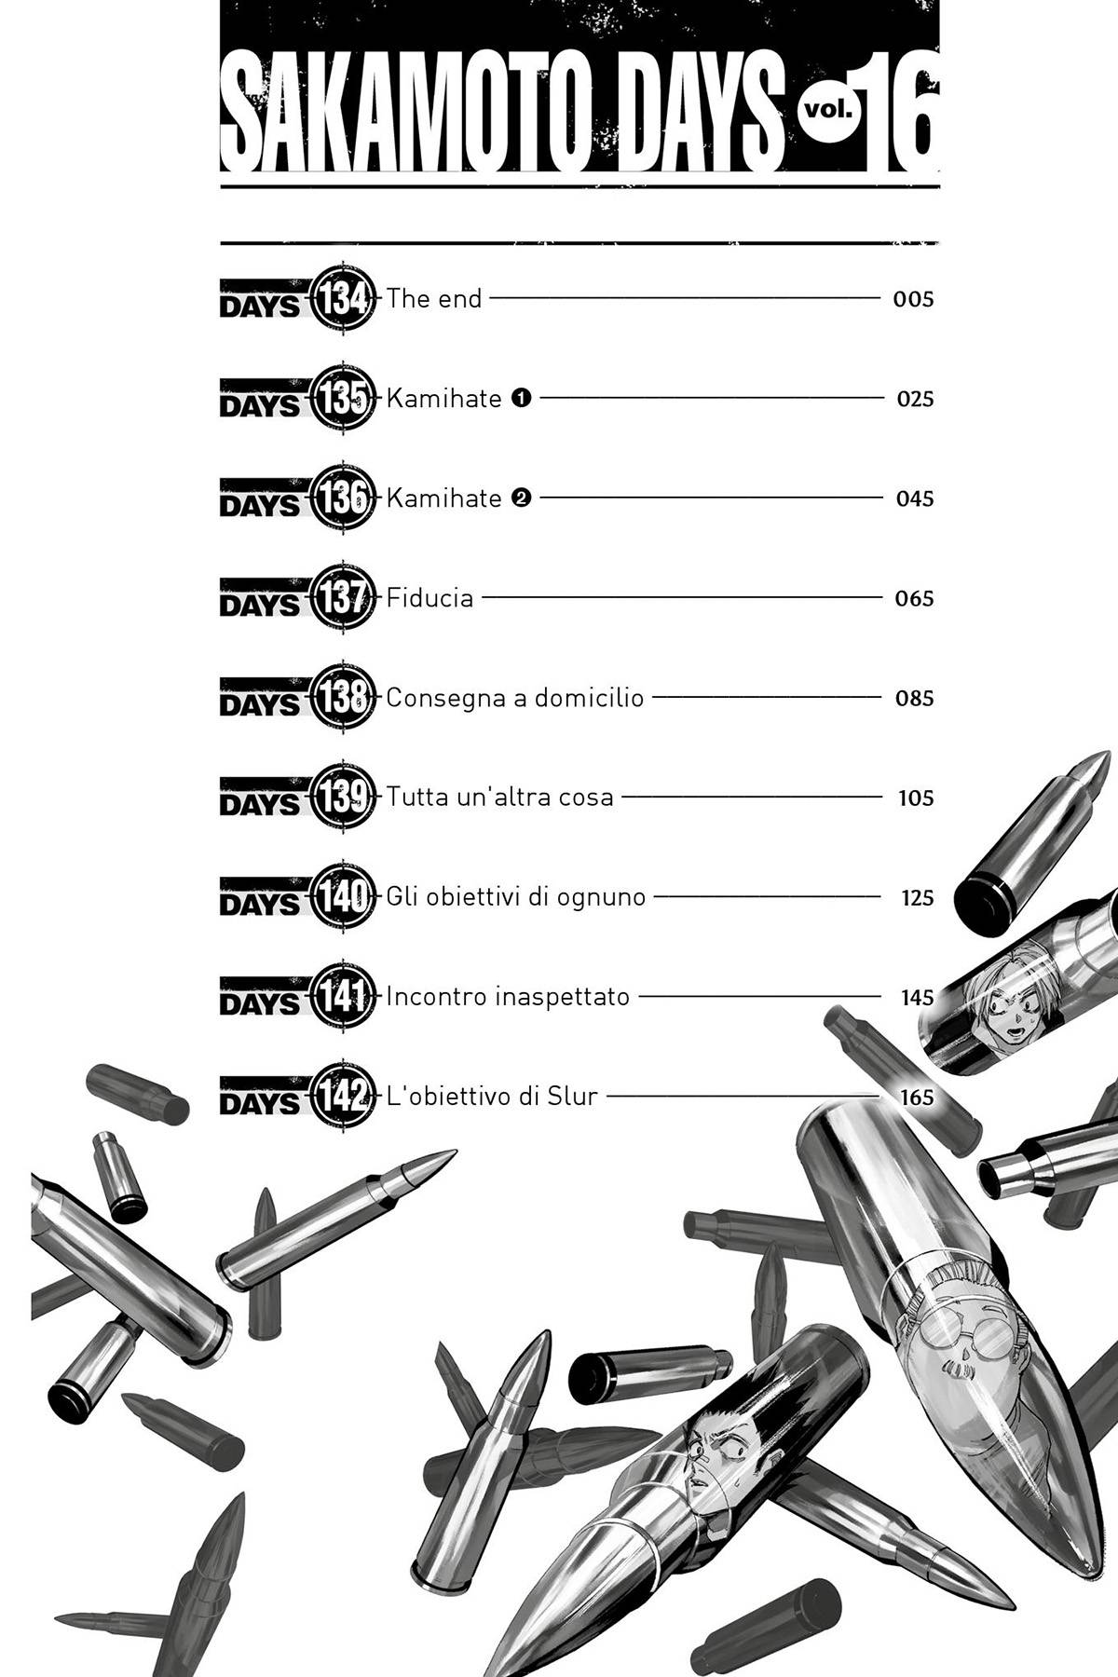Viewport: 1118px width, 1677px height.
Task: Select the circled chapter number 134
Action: point(344,299)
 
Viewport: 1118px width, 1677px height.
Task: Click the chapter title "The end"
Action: point(434,299)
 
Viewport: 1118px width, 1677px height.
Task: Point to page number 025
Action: point(914,400)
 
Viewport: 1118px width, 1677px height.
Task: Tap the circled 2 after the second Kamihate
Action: point(521,498)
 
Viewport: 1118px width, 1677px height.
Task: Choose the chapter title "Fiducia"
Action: point(429,598)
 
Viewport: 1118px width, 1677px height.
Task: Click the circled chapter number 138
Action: point(344,698)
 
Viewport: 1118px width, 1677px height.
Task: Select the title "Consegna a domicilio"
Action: point(514,698)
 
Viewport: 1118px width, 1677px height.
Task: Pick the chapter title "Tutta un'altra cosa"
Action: point(499,798)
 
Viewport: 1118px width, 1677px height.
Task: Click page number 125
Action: point(917,898)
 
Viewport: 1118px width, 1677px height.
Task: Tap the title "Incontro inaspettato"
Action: point(508,998)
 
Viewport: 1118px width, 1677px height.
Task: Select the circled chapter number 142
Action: point(344,1098)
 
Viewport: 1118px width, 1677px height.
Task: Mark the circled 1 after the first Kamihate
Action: point(521,399)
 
